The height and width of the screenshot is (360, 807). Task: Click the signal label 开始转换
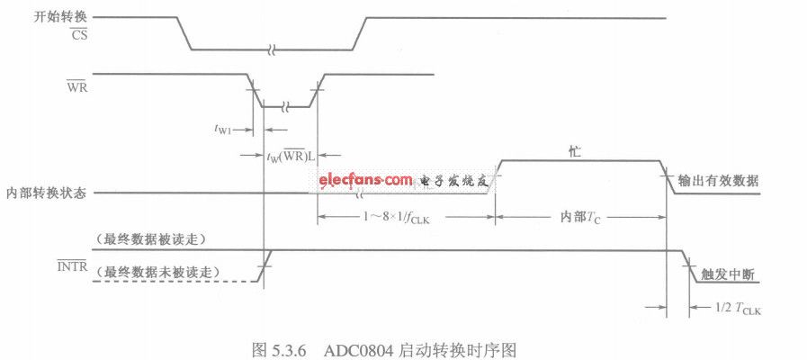click(59, 17)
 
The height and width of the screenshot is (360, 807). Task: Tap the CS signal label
click(78, 36)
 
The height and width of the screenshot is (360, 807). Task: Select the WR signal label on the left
click(77, 87)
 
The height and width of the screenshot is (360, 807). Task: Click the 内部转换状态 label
click(46, 193)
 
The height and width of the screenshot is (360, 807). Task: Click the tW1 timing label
click(224, 130)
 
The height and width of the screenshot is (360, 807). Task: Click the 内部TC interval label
click(580, 218)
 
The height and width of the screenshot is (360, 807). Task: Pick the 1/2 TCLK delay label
click(738, 309)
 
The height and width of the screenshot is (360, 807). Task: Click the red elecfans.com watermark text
click(365, 180)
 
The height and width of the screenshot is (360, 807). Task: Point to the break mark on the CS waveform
click(273, 50)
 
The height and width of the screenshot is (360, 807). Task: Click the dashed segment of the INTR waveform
click(175, 282)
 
